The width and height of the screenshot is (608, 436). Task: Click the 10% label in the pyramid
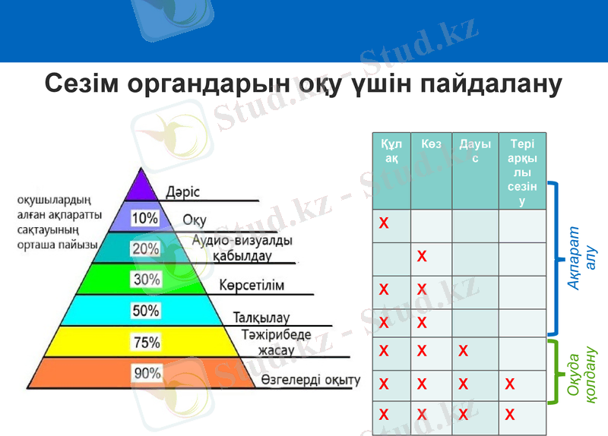coord(145,219)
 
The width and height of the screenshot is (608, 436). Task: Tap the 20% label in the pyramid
coord(145,249)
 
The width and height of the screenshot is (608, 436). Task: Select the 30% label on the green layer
coord(146,280)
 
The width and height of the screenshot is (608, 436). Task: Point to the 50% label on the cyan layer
coord(146,311)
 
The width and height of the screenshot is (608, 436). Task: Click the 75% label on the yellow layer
coord(146,343)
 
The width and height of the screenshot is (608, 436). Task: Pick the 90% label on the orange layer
coord(147,373)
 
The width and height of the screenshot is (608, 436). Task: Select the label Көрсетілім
coord(252,286)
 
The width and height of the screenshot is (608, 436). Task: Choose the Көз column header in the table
coord(431,144)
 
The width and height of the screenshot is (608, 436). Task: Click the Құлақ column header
coord(391,150)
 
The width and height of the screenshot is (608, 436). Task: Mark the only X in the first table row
coord(384,223)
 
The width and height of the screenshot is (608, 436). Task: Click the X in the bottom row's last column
coord(510,415)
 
